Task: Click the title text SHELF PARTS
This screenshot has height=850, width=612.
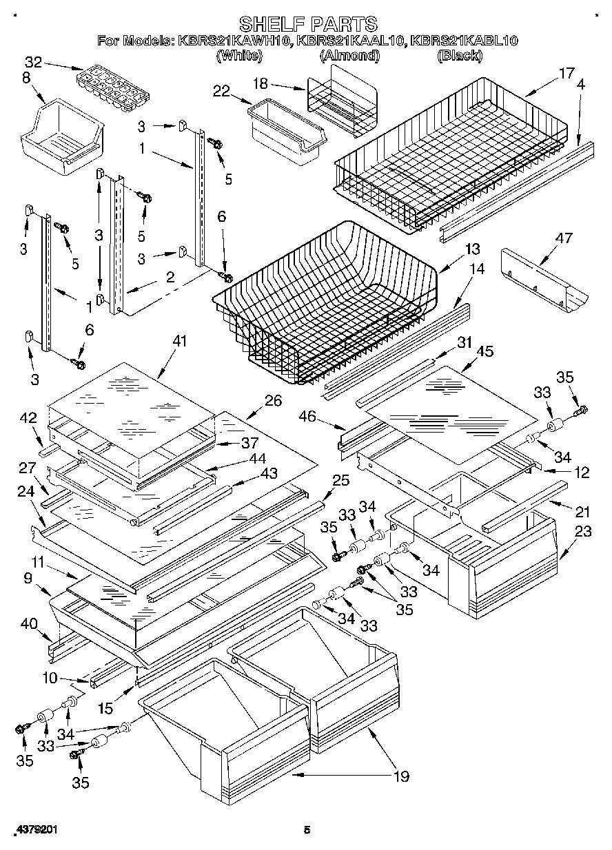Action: [x=307, y=24]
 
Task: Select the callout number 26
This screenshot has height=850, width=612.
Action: [x=273, y=400]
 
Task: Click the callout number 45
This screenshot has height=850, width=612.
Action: [x=485, y=351]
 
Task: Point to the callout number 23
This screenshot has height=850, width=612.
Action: [x=582, y=531]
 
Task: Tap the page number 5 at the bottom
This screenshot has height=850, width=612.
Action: [x=307, y=831]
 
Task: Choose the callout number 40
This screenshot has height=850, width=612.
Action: [x=28, y=624]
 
